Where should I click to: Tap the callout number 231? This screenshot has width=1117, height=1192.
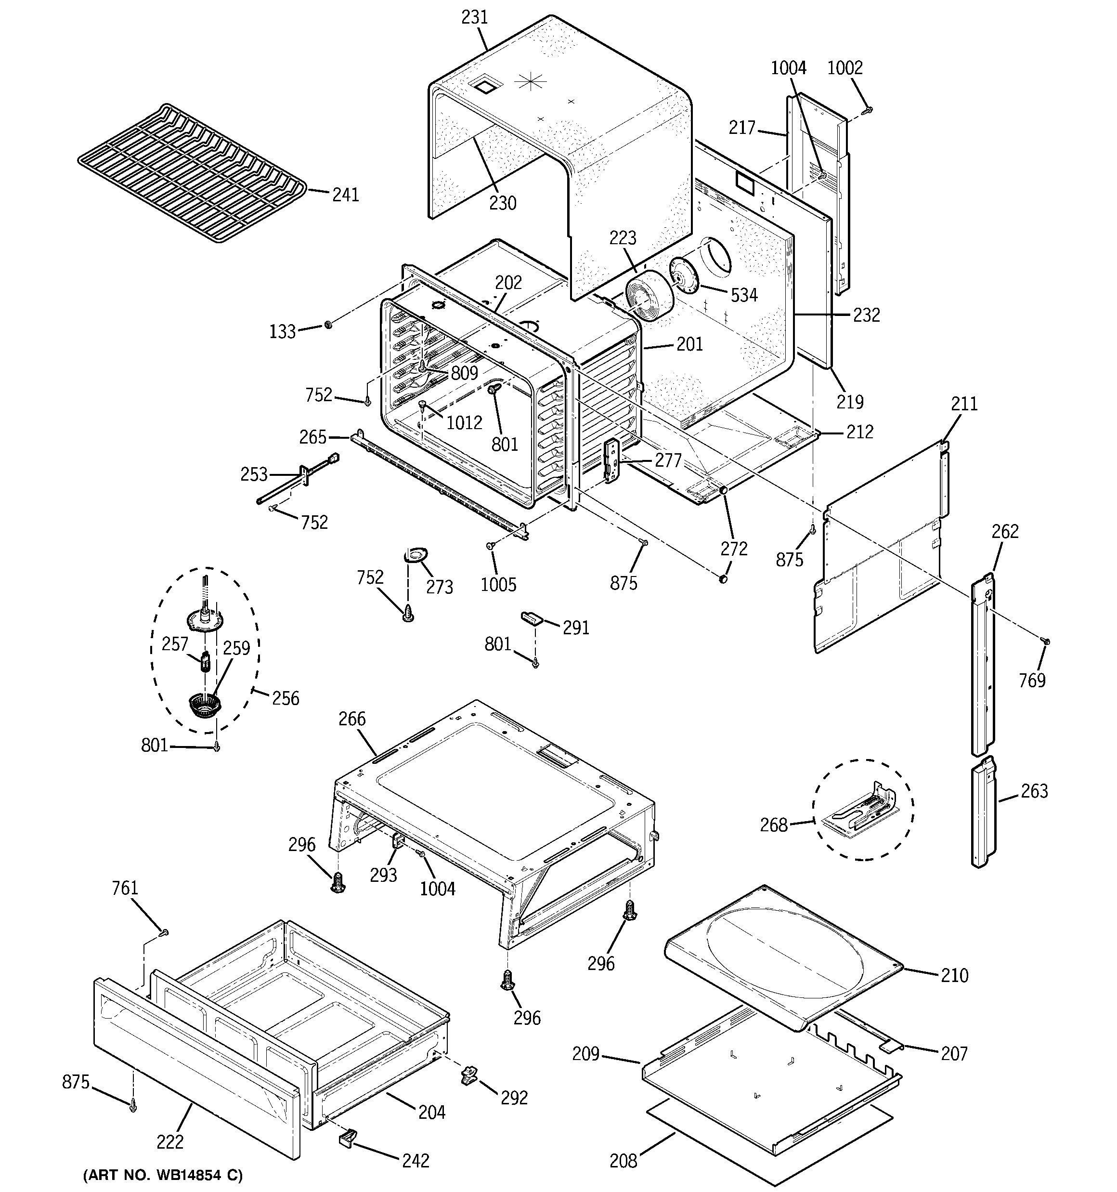474,17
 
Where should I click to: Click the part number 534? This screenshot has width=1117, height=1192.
743,295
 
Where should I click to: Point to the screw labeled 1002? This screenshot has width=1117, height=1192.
868,110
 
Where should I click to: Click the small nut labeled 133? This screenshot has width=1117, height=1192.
328,325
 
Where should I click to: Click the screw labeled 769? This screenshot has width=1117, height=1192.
1046,642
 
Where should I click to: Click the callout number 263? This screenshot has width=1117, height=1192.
1034,791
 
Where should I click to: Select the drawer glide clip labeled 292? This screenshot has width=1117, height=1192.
469,1074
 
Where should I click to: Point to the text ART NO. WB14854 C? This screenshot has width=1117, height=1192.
162,1175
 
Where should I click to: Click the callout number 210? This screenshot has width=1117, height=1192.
955,976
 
